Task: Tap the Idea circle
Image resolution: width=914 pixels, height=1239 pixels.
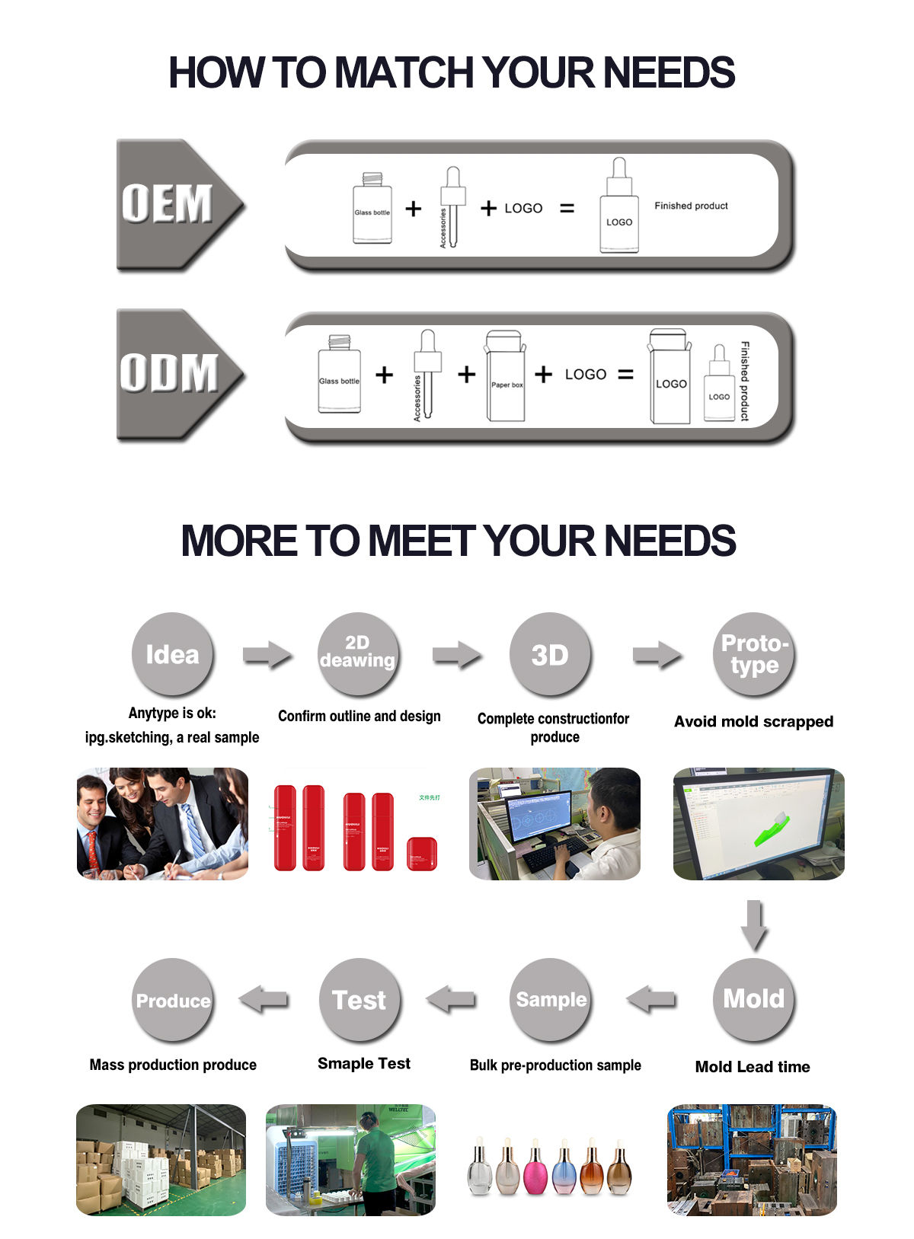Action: tap(172, 654)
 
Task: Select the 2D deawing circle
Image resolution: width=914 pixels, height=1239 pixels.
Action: tap(358, 653)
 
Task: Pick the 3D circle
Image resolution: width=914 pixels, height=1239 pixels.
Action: tap(550, 654)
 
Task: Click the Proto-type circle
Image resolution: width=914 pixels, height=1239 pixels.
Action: tap(754, 654)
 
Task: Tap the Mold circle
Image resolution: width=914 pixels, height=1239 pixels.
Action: tap(753, 998)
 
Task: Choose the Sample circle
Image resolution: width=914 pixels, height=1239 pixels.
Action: tap(551, 999)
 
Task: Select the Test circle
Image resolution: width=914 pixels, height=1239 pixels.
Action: tap(360, 999)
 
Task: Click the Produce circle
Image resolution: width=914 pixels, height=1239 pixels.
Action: tap(173, 1000)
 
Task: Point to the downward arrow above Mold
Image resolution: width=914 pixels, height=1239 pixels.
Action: tap(754, 924)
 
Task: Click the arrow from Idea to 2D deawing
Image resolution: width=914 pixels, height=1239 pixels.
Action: tap(267, 655)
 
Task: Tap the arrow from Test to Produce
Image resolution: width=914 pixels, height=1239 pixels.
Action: tap(264, 998)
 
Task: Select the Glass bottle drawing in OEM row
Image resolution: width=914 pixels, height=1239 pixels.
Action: tap(372, 209)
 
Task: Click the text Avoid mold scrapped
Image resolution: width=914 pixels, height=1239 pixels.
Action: tap(753, 721)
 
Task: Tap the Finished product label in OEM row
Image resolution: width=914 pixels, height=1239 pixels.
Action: tap(691, 206)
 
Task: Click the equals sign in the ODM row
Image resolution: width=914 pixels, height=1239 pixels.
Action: tap(625, 375)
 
